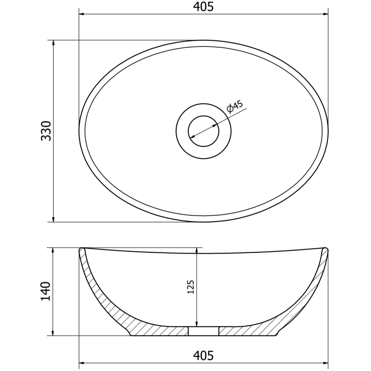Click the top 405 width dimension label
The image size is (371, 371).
click(x=203, y=7)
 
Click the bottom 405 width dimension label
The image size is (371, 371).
click(x=203, y=356)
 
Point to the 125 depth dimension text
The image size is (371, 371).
click(x=191, y=288)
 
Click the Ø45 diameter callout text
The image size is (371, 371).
click(x=235, y=107)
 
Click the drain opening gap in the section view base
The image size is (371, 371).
click(x=204, y=331)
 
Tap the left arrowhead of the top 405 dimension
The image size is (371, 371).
click(x=82, y=14)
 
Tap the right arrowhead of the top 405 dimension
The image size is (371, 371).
click(x=325, y=14)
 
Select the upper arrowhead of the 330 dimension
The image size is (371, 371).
click(x=54, y=43)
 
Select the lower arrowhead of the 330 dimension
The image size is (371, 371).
click(x=54, y=218)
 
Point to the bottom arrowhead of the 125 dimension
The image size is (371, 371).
click(x=197, y=323)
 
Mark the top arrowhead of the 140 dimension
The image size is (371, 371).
click(x=54, y=251)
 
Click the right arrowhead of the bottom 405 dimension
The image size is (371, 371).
click(x=325, y=363)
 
